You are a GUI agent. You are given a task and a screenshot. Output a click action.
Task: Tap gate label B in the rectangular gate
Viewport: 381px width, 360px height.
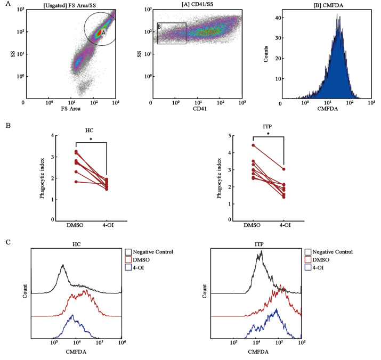coord(159,27)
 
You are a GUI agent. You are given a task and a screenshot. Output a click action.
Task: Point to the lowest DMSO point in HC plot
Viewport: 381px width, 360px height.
coord(76,182)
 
